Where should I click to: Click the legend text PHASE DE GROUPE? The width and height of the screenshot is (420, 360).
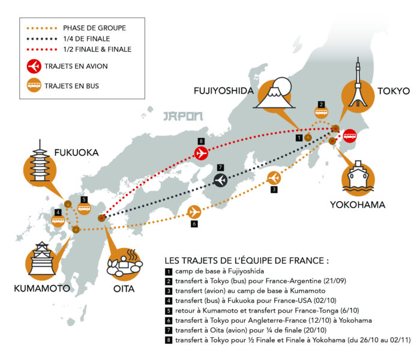pos(95,28)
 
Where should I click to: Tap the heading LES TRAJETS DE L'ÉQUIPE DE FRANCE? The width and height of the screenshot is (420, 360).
pos(247,261)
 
